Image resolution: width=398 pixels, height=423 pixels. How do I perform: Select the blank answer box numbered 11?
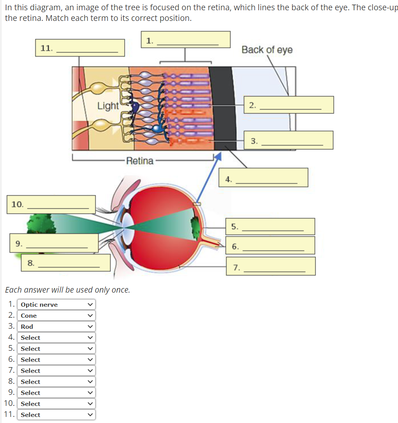[x=80, y=48]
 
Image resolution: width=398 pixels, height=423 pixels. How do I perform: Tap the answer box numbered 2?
[x=289, y=105]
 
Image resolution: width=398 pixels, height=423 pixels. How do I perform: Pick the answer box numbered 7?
[x=272, y=266]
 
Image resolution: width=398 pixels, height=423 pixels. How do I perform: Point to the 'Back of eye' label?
[x=267, y=50]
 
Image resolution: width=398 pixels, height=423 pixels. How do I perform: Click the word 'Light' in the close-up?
[x=108, y=106]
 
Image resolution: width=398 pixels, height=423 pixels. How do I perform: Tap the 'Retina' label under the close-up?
[x=140, y=161]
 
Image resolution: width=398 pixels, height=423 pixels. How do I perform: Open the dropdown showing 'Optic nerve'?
[x=56, y=304]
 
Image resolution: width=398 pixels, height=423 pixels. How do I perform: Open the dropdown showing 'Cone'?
[x=56, y=315]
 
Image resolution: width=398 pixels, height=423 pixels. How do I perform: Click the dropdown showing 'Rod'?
[x=56, y=326]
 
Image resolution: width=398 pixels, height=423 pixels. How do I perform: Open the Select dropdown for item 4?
[x=56, y=337]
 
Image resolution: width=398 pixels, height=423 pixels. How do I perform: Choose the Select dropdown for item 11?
[x=56, y=415]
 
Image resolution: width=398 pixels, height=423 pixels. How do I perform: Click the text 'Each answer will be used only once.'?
[x=67, y=290]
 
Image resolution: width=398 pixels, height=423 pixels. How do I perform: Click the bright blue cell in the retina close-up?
[x=156, y=128]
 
